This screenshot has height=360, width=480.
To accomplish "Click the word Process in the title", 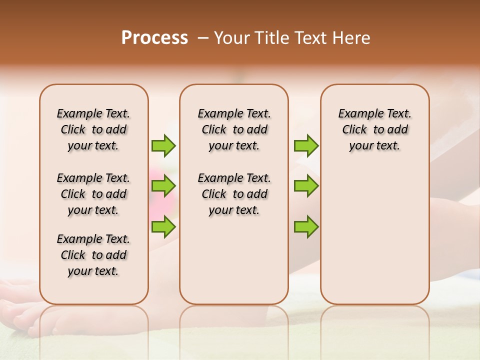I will point(154,38).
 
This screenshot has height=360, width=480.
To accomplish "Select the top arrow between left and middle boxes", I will point(163,145).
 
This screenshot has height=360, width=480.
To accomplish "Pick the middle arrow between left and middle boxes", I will point(163,186).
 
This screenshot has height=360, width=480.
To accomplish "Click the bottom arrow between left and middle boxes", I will point(163,226).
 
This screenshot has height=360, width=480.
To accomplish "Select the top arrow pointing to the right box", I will point(306,145).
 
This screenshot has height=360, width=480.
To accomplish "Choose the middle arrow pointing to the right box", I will point(306,186).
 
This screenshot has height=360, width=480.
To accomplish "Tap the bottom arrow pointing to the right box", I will point(306,226).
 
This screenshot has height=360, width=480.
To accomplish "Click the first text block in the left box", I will point(93,129).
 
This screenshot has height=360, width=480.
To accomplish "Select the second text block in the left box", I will point(93,194).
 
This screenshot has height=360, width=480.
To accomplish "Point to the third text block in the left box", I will point(93,255).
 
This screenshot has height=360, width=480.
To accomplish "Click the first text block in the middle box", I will point(234,129).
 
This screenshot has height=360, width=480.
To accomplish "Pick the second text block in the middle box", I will point(234,194).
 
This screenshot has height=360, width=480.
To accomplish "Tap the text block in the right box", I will point(374,129).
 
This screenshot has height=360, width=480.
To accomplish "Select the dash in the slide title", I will point(202,38).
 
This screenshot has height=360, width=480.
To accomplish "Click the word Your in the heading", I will point(231,38).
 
